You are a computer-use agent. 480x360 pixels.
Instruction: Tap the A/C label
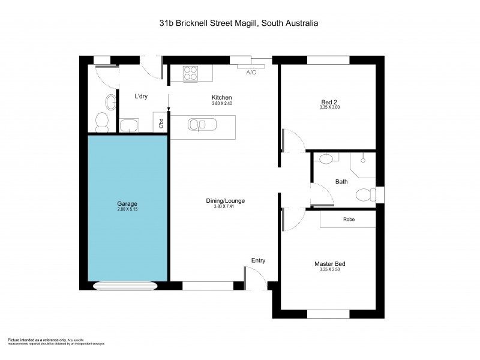point(252,72)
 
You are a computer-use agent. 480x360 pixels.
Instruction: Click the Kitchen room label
point(221,98)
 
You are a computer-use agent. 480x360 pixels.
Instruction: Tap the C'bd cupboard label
point(160,124)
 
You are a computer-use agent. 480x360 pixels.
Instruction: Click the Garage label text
point(127,203)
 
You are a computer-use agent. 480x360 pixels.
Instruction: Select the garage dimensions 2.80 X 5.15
point(127,210)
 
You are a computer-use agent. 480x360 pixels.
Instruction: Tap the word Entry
point(258,260)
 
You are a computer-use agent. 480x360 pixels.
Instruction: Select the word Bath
point(341,181)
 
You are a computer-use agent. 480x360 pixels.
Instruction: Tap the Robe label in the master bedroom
point(349,220)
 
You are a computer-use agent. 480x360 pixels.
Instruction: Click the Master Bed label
point(329,263)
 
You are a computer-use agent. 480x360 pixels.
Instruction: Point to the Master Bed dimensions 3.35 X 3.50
point(329,269)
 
